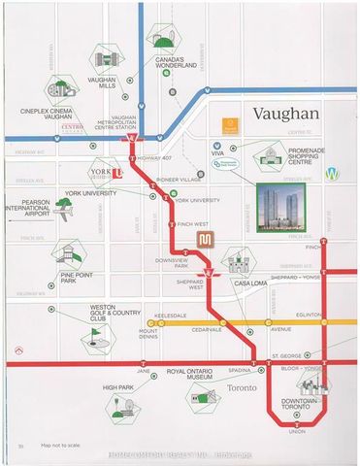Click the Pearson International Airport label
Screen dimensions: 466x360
click(x=29, y=208)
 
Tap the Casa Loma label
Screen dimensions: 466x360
click(x=248, y=283)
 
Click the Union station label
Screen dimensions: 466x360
click(x=296, y=432)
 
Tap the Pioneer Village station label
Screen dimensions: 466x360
click(x=174, y=180)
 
